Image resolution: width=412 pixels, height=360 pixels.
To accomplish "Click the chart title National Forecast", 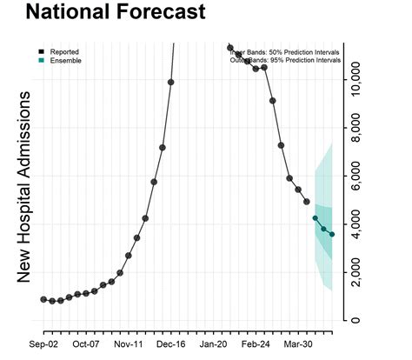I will [x=116, y=14].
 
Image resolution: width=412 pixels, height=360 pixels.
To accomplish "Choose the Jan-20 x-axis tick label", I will [x=221, y=343].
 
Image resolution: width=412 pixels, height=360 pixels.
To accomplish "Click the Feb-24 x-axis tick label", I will [x=263, y=343].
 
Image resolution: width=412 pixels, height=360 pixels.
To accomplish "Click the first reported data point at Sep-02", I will [x=43, y=299].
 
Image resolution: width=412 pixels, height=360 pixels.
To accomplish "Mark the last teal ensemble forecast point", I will [x=332, y=235].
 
